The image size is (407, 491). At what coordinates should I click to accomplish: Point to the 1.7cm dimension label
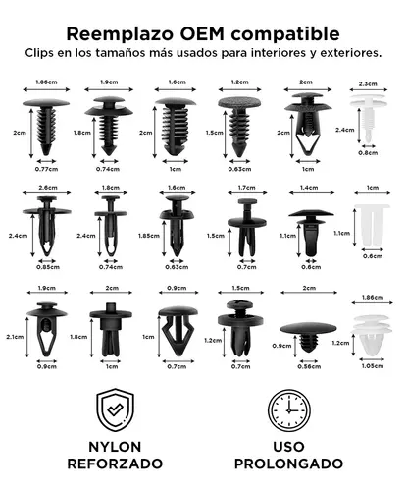click(246, 187)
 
